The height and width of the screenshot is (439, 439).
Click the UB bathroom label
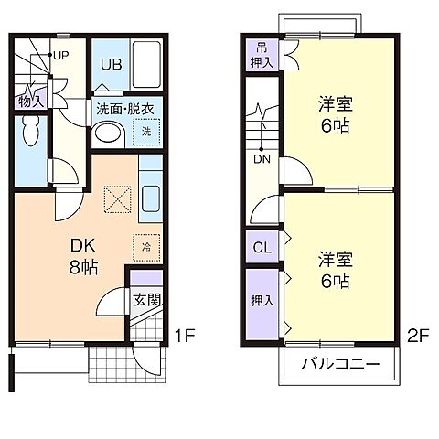112,64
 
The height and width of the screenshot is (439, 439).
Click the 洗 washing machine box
145,133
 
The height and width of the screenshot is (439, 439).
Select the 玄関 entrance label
145,300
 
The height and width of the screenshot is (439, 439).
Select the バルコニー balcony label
339,365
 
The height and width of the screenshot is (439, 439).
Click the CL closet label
261,246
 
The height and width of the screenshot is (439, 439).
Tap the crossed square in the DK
117,197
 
